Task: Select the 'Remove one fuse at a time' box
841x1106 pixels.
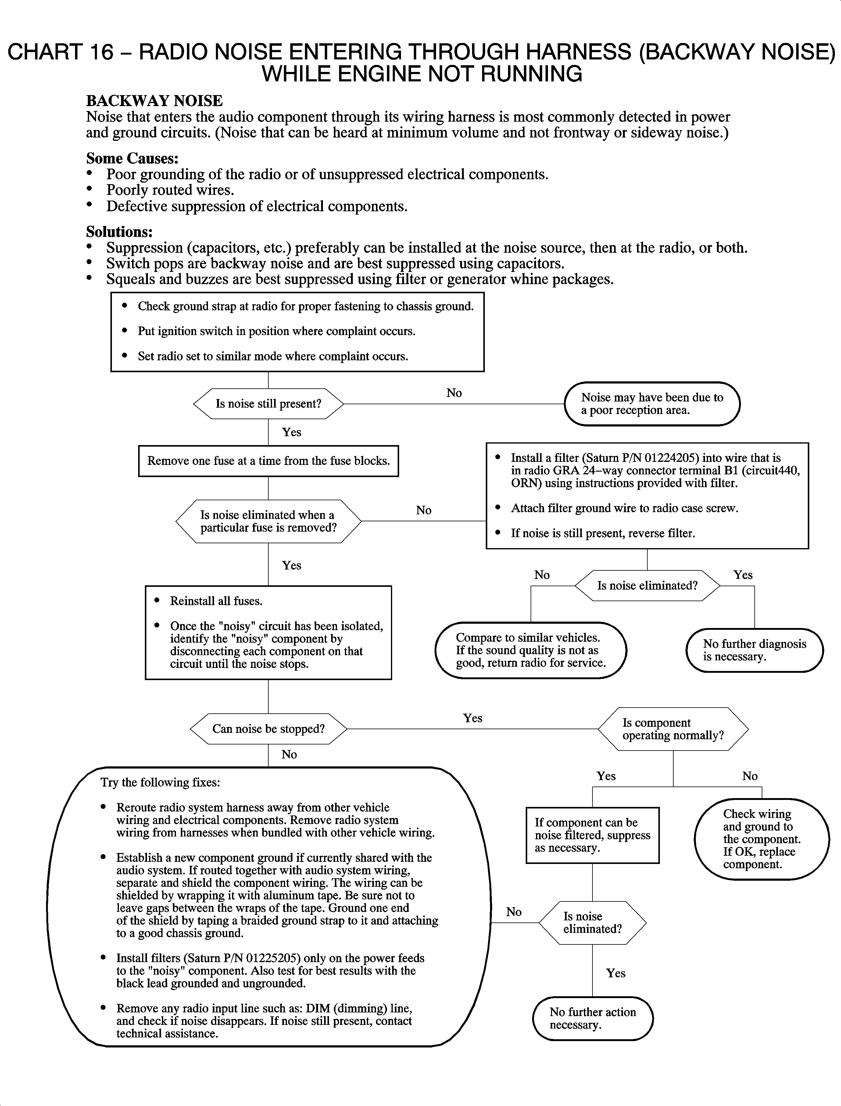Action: point(268,461)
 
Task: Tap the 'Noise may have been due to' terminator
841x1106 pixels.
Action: point(652,404)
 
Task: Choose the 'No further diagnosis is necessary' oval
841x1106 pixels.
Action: point(754,650)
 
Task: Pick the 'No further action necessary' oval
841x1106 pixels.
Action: point(593,1019)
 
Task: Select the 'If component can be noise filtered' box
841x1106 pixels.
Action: point(592,835)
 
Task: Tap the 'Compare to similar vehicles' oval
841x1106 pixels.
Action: point(531,650)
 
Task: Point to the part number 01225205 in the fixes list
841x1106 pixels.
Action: point(273,958)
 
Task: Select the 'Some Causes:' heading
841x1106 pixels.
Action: point(132,158)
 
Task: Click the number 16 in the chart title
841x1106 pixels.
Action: point(102,52)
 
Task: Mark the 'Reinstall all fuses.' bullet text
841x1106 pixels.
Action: point(216,601)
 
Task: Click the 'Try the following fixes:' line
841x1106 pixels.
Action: point(160,782)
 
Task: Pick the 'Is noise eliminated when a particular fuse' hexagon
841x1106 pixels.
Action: point(268,521)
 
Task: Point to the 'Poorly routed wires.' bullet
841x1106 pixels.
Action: point(170,190)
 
